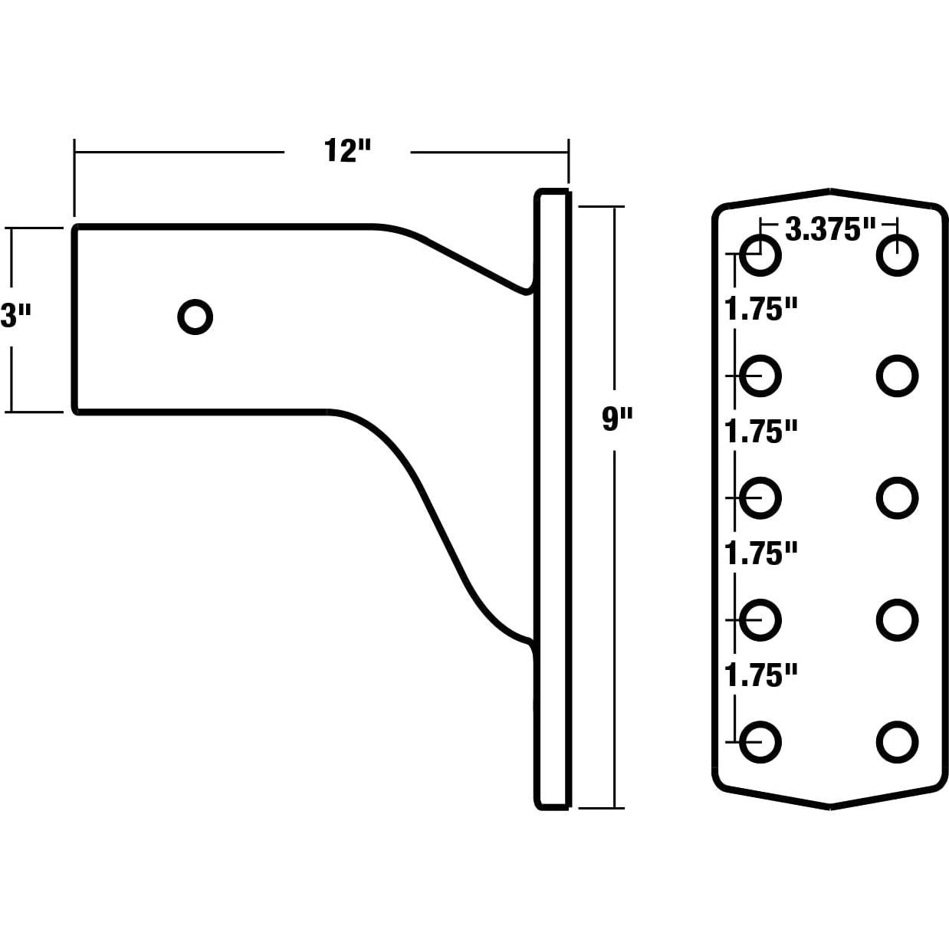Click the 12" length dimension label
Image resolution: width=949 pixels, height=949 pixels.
pos(346,150)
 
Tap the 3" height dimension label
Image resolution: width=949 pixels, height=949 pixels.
pos(15,316)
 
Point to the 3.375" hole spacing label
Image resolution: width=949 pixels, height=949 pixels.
pos(830,229)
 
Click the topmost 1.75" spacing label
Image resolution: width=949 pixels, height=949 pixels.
pos(760,309)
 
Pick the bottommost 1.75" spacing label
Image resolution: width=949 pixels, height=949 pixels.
pos(760,675)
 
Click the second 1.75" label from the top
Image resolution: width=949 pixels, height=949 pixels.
pos(760,432)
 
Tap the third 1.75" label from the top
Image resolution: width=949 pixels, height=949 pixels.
pos(760,553)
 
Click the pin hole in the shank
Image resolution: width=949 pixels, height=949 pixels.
pos(195,317)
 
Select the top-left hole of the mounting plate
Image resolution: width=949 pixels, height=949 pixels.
pos(760,255)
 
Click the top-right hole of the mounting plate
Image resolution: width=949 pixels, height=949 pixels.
pos(898,255)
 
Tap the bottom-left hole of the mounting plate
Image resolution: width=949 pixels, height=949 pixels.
pos(760,742)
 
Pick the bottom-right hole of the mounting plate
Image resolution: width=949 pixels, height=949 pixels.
pos(898,742)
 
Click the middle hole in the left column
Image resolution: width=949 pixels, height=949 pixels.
pos(760,498)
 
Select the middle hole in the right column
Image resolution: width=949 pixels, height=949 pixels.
pos(898,498)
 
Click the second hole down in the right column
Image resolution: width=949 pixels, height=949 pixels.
pos(898,376)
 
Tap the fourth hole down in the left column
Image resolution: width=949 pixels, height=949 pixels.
pos(760,620)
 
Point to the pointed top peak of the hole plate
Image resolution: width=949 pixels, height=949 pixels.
pos(830,189)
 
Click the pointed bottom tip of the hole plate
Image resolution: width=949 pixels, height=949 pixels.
pos(830,807)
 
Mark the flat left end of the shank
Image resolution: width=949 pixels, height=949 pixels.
pos(74,319)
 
